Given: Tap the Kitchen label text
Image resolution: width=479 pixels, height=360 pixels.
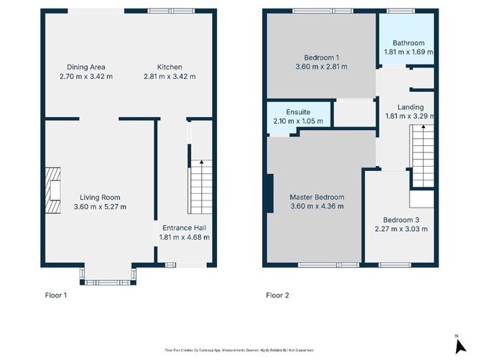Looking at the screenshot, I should tap(169, 66).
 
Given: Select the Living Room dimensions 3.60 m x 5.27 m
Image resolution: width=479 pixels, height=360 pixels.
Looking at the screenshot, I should tap(100, 207).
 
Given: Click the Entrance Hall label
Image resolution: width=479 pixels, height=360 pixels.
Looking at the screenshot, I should tap(184, 228).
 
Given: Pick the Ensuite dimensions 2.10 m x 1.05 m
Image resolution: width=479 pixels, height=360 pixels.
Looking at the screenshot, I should tap(298, 121).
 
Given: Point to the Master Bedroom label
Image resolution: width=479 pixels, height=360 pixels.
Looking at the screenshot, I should tap(317, 197).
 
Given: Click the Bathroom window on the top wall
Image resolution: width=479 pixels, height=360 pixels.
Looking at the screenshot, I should tap(397, 11).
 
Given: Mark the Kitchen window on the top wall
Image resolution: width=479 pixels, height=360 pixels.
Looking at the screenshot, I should tap(171, 11).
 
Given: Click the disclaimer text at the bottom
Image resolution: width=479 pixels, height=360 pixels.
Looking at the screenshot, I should tap(239, 349).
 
